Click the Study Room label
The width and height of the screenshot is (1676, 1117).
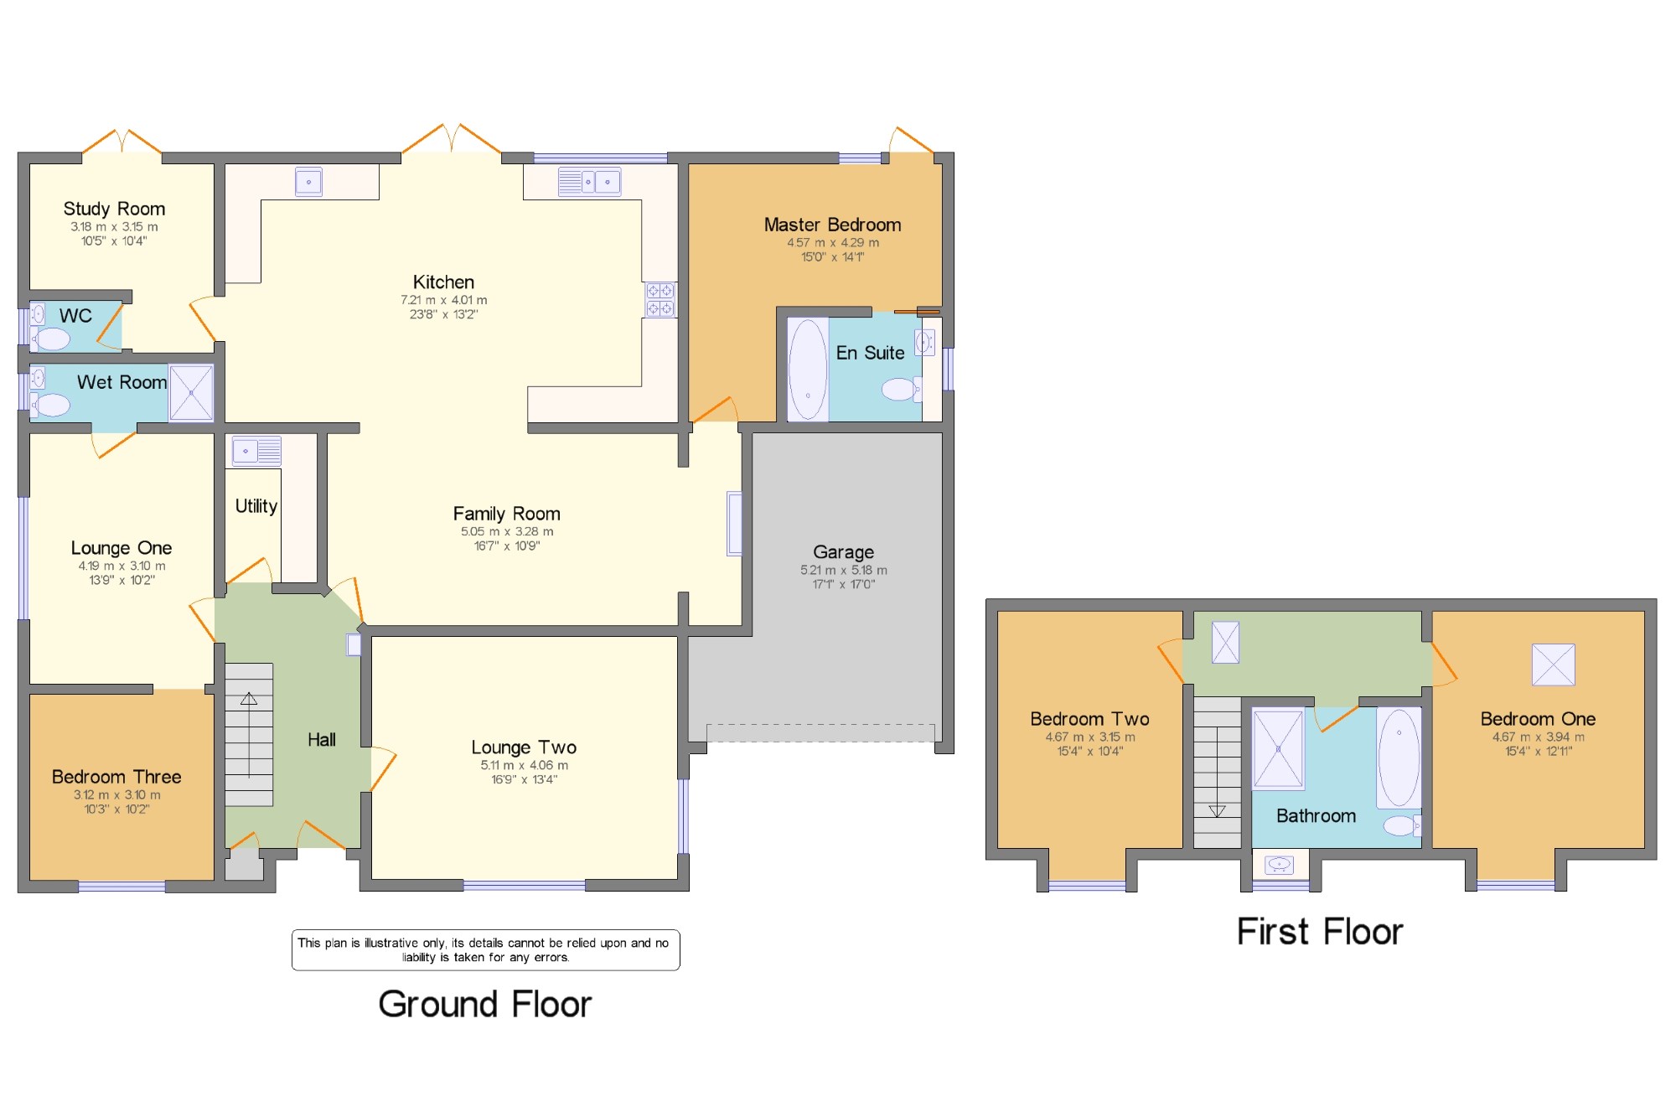click(x=114, y=209)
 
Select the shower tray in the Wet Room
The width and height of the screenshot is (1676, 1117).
click(x=191, y=392)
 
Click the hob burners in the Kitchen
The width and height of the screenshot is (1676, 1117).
click(x=660, y=299)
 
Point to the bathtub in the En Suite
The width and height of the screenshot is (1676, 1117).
click(x=808, y=369)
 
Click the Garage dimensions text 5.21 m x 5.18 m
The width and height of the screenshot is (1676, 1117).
click(x=843, y=570)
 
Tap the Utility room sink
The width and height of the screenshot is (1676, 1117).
click(x=256, y=451)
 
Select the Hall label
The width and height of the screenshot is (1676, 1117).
click(x=322, y=739)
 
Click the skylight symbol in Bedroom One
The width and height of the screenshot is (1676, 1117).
click(x=1553, y=665)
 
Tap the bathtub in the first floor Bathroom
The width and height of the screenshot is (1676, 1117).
click(x=1399, y=758)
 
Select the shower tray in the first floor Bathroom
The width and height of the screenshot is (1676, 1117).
click(x=1278, y=748)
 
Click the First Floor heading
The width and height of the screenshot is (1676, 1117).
click(x=1320, y=932)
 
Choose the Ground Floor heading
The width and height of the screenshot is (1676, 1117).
click(x=485, y=1004)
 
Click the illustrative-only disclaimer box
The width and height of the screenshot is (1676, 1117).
click(x=486, y=950)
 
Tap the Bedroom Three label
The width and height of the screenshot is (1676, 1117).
click(x=116, y=777)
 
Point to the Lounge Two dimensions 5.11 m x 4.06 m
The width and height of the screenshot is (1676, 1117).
click(x=525, y=765)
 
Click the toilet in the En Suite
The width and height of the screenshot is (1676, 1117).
click(x=901, y=389)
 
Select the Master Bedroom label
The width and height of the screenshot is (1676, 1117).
click(x=832, y=225)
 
